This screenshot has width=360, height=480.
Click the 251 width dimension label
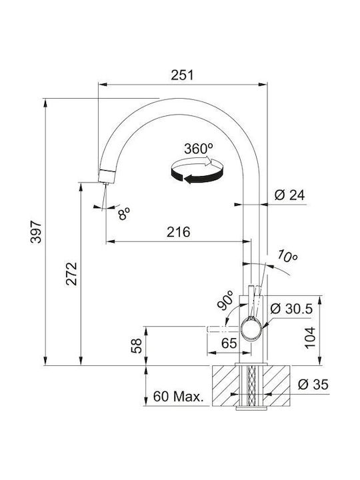pyautogui.click(x=182, y=75)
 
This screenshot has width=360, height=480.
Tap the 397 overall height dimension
pyautogui.click(x=36, y=232)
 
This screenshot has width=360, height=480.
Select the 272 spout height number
pyautogui.click(x=71, y=274)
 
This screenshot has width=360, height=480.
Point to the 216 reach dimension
pyautogui.click(x=178, y=232)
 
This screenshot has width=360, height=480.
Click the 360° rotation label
pyautogui.click(x=199, y=149)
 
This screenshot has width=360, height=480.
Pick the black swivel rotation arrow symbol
pyautogui.click(x=197, y=170)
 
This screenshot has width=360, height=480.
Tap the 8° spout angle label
pyautogui.click(x=124, y=214)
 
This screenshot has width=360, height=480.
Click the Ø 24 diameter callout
pyautogui.click(x=289, y=195)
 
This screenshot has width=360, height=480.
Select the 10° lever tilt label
pyautogui.click(x=287, y=257)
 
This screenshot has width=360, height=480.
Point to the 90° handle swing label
pyautogui.click(x=225, y=300)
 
